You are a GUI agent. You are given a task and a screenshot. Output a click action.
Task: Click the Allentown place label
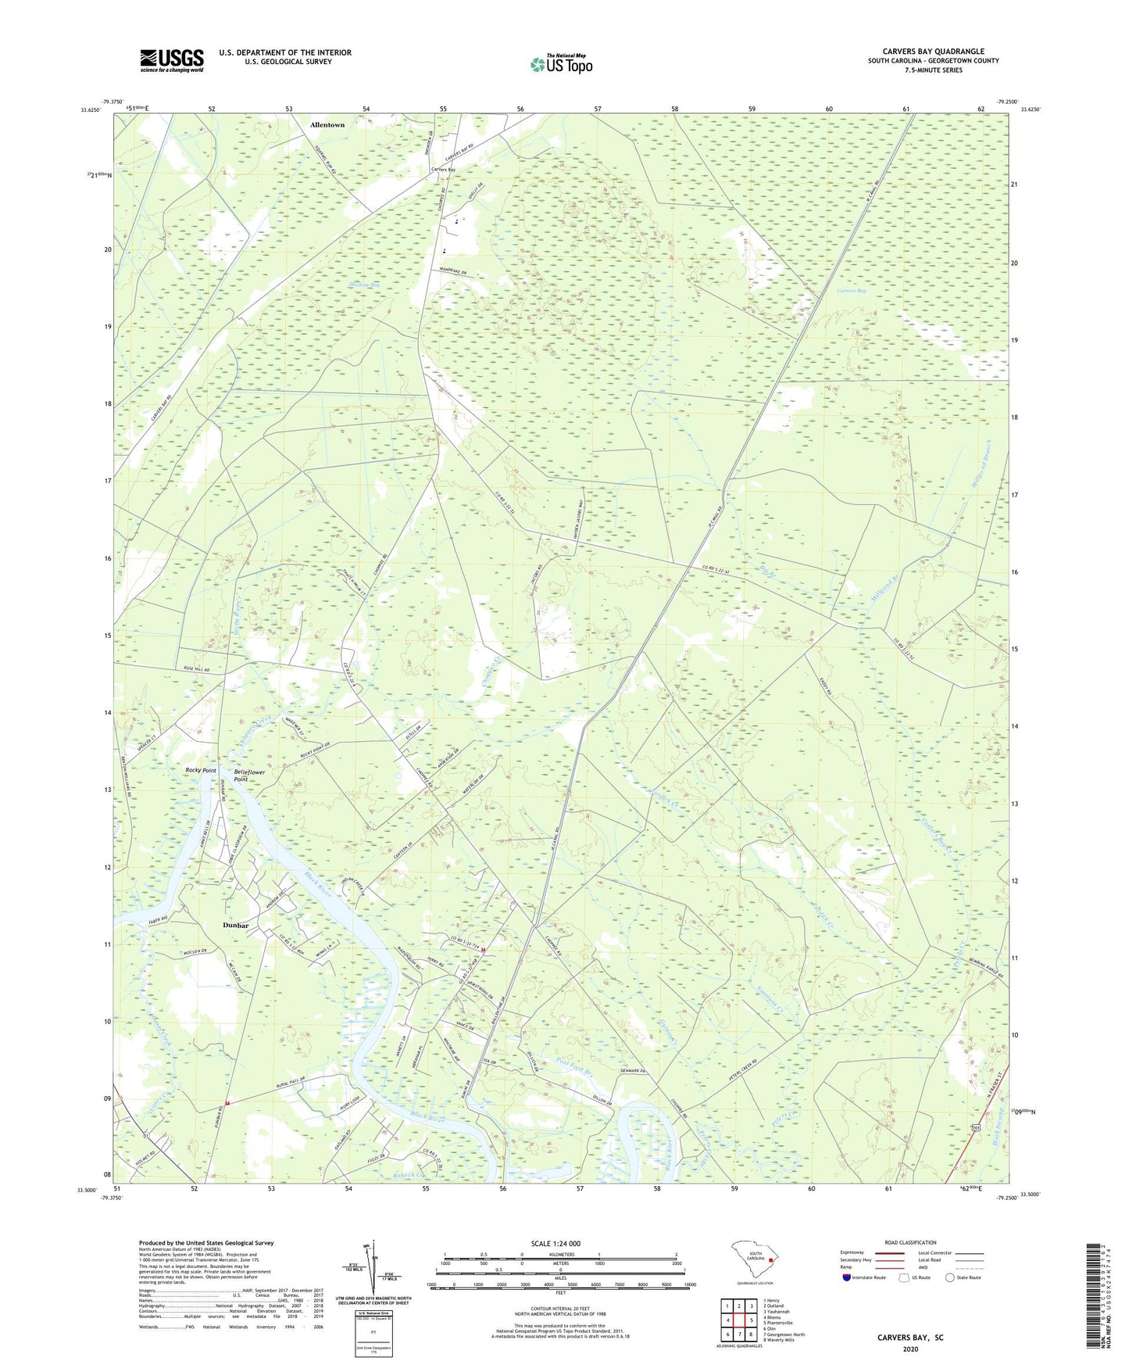click(x=327, y=125)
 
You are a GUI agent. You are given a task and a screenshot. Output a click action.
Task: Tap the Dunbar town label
click(x=235, y=926)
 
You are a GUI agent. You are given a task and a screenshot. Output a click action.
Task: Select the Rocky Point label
click(x=201, y=771)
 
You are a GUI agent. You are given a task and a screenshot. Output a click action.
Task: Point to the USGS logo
click(x=172, y=60)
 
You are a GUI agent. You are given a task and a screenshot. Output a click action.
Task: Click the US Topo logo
click(x=561, y=64)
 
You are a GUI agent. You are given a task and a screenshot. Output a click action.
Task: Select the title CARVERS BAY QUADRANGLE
click(x=933, y=52)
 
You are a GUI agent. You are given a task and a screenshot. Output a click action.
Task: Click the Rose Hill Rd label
click(x=197, y=670)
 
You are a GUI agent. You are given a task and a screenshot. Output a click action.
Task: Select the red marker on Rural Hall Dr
click(x=227, y=1103)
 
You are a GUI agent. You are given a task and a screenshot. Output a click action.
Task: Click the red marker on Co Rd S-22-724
click(x=483, y=950)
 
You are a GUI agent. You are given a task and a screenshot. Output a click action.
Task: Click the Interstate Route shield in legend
click(x=847, y=1278)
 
